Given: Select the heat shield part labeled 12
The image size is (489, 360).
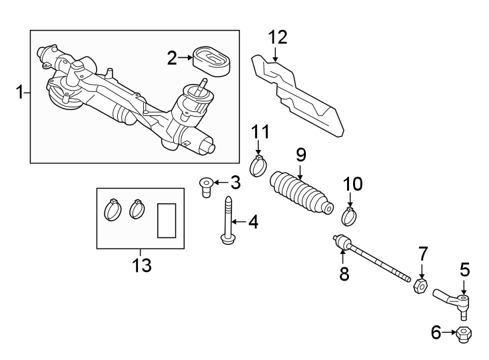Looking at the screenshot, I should [x=300, y=97].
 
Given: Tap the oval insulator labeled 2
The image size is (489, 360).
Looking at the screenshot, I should [x=211, y=58].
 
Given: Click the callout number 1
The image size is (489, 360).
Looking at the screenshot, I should [x=19, y=92].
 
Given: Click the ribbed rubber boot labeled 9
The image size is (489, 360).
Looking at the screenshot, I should [x=301, y=195].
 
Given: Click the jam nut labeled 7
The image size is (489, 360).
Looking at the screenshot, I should [x=419, y=286].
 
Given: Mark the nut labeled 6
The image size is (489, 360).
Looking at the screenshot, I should [x=464, y=333].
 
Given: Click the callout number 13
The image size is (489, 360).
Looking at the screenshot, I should [x=141, y=265].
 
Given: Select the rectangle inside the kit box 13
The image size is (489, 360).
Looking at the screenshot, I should [x=165, y=221].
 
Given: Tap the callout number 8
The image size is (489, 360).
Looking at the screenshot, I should [x=344, y=273].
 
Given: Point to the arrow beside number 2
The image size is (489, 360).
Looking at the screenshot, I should [x=186, y=59].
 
